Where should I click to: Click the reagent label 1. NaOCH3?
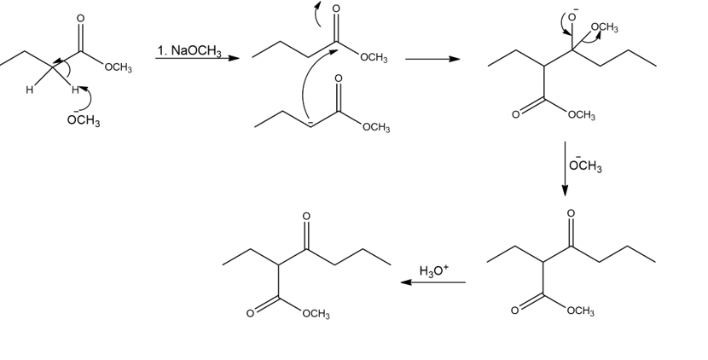pos(189,50)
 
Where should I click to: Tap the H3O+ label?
pos(434,271)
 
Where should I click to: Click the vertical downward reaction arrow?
pos(564,167)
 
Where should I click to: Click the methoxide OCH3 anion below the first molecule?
pos(83,120)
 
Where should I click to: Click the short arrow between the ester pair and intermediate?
pos(432,59)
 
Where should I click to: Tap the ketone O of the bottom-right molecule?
pos(572,212)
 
